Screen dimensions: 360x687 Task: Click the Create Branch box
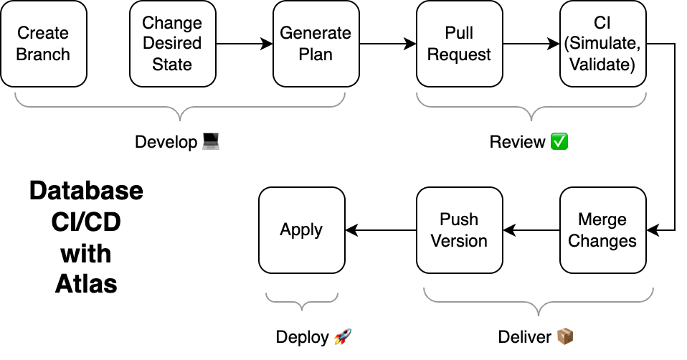pyautogui.click(x=43, y=44)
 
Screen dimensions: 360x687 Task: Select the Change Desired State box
pyautogui.click(x=172, y=44)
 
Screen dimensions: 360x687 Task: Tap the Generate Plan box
pyautogui.click(x=316, y=44)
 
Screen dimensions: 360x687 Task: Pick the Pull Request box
pyautogui.click(x=459, y=44)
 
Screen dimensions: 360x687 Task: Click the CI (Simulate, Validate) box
pyautogui.click(x=602, y=44)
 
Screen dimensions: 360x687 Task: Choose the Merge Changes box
pyautogui.click(x=602, y=230)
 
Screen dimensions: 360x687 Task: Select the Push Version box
pyautogui.click(x=459, y=230)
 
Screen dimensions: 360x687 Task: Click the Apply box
pyautogui.click(x=301, y=230)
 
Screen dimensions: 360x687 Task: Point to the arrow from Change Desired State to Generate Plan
pyautogui.click(x=244, y=44)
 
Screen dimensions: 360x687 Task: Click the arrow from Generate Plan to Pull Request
pyautogui.click(x=387, y=44)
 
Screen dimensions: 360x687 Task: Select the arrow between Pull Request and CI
pyautogui.click(x=531, y=44)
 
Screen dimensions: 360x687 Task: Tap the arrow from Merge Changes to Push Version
pyautogui.click(x=531, y=230)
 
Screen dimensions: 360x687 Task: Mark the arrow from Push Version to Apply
pyautogui.click(x=380, y=230)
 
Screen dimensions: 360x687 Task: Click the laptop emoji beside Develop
pyautogui.click(x=210, y=142)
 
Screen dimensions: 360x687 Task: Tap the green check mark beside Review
pyautogui.click(x=559, y=142)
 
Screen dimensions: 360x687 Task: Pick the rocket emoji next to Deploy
pyautogui.click(x=343, y=337)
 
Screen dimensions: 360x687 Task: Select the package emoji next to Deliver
pyautogui.click(x=566, y=337)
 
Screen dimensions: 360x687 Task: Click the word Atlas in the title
pyautogui.click(x=86, y=284)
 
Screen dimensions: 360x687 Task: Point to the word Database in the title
pyautogui.click(x=86, y=191)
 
